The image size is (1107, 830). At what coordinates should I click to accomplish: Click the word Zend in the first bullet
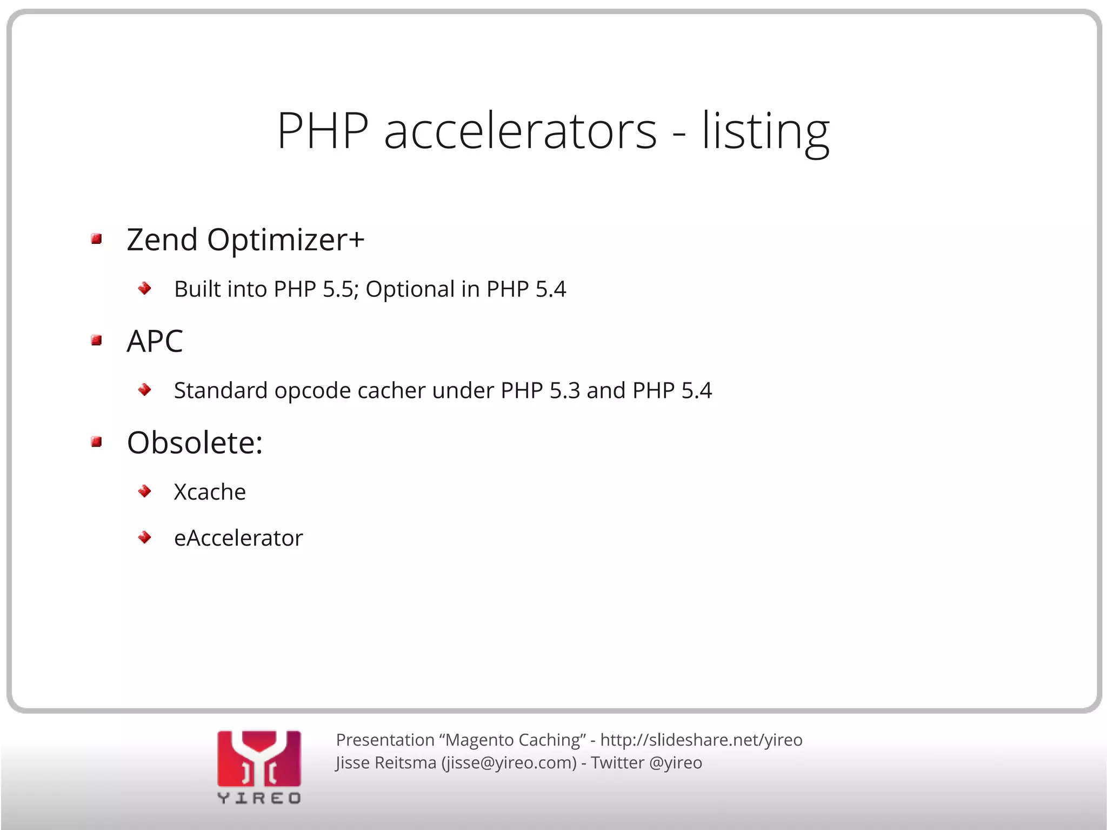(x=162, y=240)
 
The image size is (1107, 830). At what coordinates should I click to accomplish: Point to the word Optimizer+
(x=285, y=240)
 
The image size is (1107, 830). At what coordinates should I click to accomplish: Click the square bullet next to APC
(x=97, y=341)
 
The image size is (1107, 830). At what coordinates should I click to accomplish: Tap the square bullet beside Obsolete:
(x=97, y=442)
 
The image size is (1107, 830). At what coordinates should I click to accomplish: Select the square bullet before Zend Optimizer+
(x=97, y=239)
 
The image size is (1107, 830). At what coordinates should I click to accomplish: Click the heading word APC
(x=155, y=341)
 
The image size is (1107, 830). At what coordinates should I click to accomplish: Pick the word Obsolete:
(x=195, y=443)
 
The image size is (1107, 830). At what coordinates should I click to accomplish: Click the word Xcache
(x=210, y=492)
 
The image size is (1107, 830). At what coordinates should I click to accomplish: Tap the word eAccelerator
(x=238, y=538)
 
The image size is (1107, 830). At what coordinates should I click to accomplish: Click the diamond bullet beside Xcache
(x=144, y=491)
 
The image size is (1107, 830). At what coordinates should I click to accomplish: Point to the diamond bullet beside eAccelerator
(x=144, y=537)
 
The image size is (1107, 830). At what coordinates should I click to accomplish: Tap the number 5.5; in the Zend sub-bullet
(x=341, y=289)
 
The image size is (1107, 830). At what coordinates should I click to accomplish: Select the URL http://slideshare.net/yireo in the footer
(x=701, y=740)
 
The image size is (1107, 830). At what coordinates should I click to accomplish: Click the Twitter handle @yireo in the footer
(x=675, y=763)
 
